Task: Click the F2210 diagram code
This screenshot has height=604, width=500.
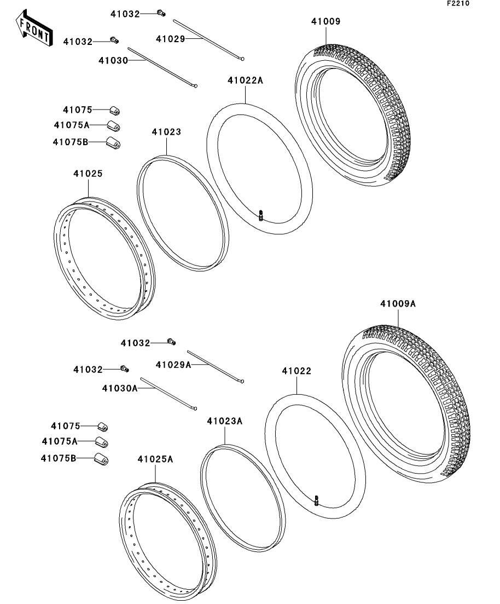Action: [x=458, y=4]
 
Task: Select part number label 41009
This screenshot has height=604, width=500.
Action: [x=325, y=22]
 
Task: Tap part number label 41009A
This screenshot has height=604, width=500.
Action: [x=398, y=303]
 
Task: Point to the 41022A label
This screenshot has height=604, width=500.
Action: [x=246, y=81]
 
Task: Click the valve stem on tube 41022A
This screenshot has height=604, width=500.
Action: [x=261, y=216]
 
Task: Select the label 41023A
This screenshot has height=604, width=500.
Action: [x=224, y=421]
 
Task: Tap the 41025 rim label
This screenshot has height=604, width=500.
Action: [x=88, y=174]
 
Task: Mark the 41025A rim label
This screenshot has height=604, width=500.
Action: [x=155, y=459]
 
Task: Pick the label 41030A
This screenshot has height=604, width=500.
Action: [x=119, y=388]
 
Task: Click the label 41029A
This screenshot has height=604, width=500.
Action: [x=173, y=365]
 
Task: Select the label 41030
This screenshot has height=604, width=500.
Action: [x=113, y=60]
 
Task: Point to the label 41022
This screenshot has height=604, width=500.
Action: [x=296, y=371]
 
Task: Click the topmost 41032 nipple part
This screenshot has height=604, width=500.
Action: [x=161, y=13]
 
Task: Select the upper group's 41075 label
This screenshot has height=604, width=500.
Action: [x=77, y=110]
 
